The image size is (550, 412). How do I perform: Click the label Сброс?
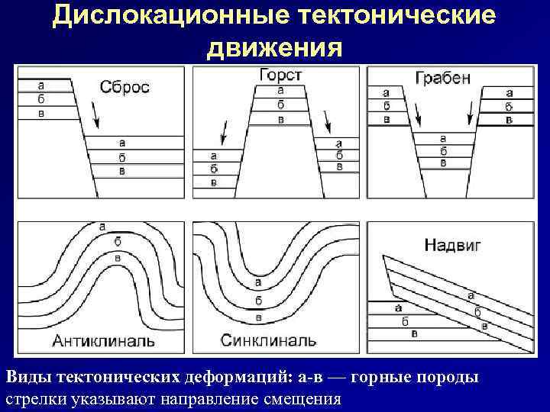[x=125, y=86]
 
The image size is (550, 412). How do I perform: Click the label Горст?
[x=280, y=75]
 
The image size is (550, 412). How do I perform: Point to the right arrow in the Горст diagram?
[x=327, y=121]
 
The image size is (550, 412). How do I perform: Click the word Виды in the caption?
[x=27, y=377]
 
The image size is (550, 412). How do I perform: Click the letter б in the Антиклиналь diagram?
[x=117, y=241]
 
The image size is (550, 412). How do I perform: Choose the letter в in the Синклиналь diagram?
[x=258, y=317]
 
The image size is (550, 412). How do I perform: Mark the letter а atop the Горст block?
[x=280, y=89]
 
